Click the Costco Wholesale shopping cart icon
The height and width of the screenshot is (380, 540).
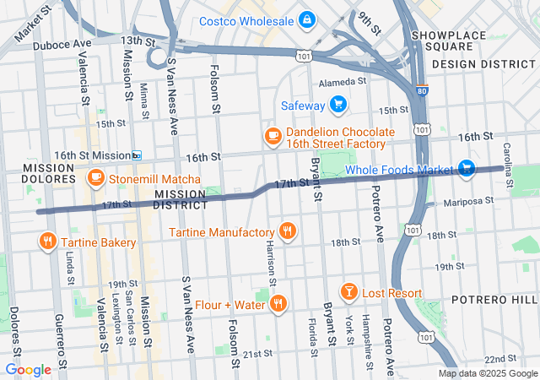(306, 19)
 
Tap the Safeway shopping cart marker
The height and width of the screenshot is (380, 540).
(337, 105)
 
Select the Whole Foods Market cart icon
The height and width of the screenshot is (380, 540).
(467, 170)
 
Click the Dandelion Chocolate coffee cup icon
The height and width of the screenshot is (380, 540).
(273, 135)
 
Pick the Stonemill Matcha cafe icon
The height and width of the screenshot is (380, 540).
(96, 179)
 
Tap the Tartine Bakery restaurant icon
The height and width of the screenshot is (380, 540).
(46, 242)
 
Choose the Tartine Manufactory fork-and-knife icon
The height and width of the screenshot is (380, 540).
(288, 231)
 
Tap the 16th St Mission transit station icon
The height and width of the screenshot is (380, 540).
(136, 155)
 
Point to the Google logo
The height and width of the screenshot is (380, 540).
(28, 370)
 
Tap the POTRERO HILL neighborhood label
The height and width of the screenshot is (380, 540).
(494, 300)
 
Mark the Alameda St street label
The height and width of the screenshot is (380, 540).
(343, 83)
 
